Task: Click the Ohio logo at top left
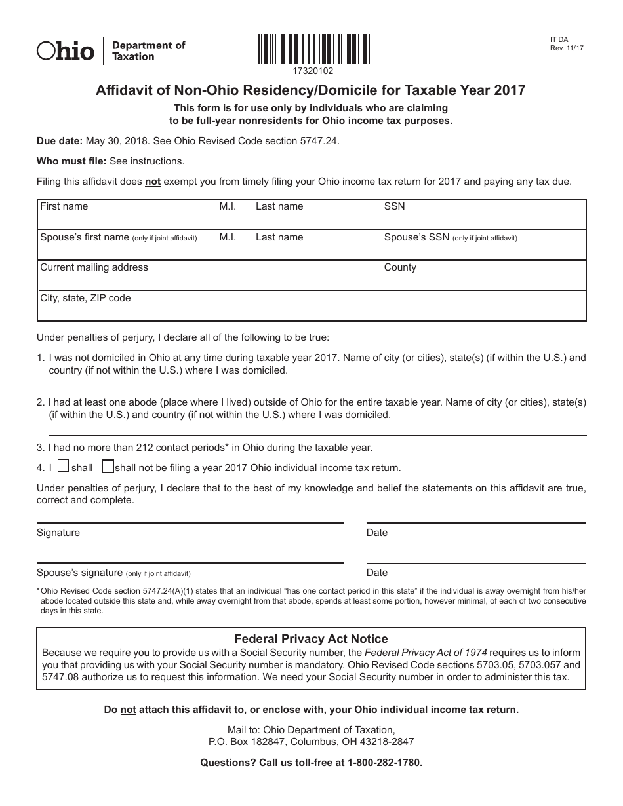pyautogui.click(x=66, y=50)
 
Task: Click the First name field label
pyautogui.click(x=64, y=206)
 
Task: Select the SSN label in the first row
pyautogui.click(x=394, y=206)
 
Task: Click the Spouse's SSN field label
pyautogui.click(x=416, y=237)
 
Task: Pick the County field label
pyautogui.click(x=400, y=267)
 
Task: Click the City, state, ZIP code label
pyautogui.click(x=85, y=298)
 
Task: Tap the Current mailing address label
pyautogui.click(x=94, y=267)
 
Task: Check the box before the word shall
pyautogui.click(x=63, y=467)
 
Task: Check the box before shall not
pyautogui.click(x=108, y=467)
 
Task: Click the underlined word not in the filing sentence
pyautogui.click(x=153, y=182)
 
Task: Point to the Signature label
pyautogui.click(x=58, y=533)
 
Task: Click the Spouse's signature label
pyautogui.click(x=79, y=572)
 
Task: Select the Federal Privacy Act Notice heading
pyautogui.click(x=311, y=638)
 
